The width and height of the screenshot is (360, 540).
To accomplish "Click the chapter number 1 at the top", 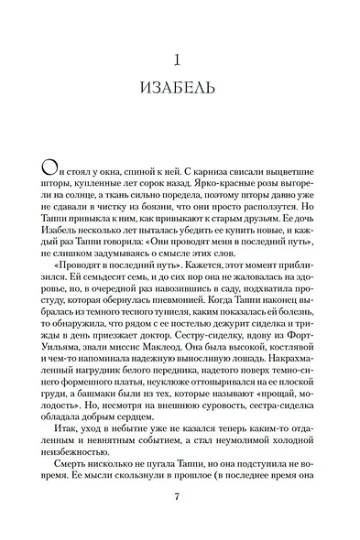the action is click(180, 61).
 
